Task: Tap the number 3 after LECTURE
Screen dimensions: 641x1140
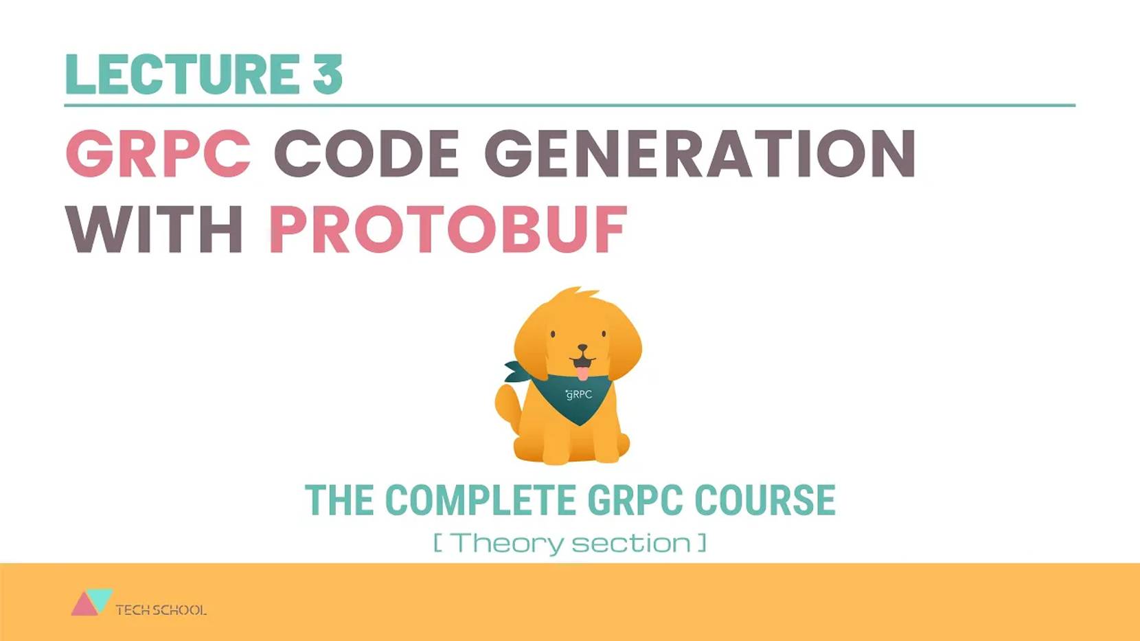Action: pyautogui.click(x=328, y=74)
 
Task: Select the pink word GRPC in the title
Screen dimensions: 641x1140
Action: pyautogui.click(x=159, y=153)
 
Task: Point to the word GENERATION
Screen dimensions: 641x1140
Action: pyautogui.click(x=700, y=153)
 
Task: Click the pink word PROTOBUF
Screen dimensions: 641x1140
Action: pyautogui.click(x=448, y=229)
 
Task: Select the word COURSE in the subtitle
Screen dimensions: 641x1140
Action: pyautogui.click(x=764, y=499)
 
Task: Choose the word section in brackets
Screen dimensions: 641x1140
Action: pyautogui.click(x=631, y=543)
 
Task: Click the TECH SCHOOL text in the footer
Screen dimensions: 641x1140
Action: pyautogui.click(x=161, y=610)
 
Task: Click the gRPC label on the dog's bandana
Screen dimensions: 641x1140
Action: pyautogui.click(x=578, y=394)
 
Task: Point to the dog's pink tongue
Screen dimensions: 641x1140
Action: pyautogui.click(x=582, y=373)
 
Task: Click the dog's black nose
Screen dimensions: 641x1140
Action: pyautogui.click(x=582, y=348)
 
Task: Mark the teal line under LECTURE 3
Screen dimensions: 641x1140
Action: pyautogui.click(x=569, y=105)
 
